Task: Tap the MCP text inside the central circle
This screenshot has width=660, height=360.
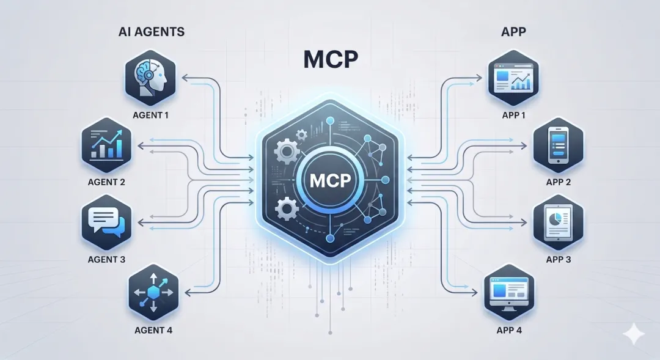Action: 330,182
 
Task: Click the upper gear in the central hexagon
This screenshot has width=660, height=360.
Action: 286,150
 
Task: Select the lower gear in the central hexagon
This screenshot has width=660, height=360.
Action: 286,210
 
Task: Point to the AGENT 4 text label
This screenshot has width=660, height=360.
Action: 153,331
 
